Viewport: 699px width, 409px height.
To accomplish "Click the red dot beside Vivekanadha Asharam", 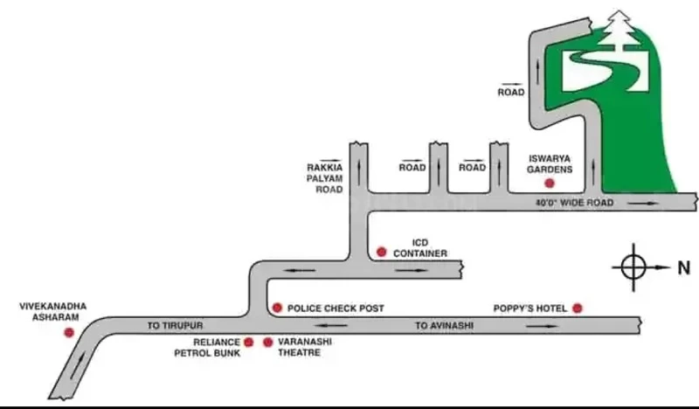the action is tap(69, 332).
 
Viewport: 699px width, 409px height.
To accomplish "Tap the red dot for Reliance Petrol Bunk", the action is tap(249, 342).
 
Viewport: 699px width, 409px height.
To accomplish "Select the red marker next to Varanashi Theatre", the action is tap(268, 342).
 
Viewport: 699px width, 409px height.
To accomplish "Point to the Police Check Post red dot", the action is tap(277, 308).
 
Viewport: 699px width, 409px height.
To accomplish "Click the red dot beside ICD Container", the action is tap(381, 252).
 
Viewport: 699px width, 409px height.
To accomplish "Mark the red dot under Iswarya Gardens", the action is tap(550, 183).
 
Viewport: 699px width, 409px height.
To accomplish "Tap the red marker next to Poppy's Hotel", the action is tap(578, 308).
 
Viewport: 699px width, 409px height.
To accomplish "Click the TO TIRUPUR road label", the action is tap(176, 326).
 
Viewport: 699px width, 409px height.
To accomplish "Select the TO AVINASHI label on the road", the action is tap(445, 326).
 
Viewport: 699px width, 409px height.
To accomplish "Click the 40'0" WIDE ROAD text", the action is tap(574, 203).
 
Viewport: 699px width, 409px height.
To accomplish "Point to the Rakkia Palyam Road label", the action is tap(325, 178).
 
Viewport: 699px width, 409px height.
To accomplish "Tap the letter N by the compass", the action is tap(684, 267).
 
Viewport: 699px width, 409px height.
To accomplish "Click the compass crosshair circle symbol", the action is tap(633, 267).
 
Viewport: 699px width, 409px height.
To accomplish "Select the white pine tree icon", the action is tap(618, 28).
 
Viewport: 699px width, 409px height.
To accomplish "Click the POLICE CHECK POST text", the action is tap(336, 308).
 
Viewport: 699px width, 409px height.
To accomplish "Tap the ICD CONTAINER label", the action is tap(420, 248).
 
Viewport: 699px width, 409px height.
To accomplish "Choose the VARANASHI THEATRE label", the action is tap(305, 347).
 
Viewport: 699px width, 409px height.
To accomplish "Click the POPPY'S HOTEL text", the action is tap(530, 308).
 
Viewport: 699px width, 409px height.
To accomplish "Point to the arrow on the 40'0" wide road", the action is tap(642, 204).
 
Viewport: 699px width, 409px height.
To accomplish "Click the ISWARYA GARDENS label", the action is tap(550, 164).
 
